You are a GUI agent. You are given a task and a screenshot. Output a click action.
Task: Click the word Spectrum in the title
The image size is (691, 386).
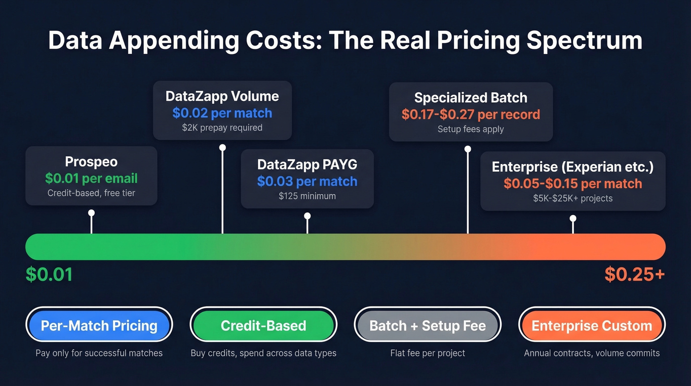tap(585, 41)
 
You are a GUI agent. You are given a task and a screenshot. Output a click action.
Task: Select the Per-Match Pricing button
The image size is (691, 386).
tap(99, 326)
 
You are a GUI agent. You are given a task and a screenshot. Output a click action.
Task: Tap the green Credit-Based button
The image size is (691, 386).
tap(263, 326)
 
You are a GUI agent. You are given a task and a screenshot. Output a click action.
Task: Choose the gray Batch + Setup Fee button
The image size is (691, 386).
tap(427, 326)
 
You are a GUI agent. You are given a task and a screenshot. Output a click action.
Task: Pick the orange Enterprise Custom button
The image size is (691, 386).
tap(592, 326)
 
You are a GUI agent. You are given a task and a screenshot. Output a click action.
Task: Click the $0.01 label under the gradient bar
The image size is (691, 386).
tap(49, 275)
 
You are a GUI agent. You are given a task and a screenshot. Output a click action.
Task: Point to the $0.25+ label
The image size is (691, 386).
tap(635, 275)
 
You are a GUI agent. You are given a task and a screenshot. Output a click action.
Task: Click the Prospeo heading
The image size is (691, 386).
tap(91, 162)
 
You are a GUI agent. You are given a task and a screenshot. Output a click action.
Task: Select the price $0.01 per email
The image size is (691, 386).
tap(91, 178)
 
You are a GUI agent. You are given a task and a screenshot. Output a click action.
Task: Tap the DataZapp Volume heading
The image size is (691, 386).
tap(222, 96)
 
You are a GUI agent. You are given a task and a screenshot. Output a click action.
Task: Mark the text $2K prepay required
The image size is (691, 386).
tap(222, 128)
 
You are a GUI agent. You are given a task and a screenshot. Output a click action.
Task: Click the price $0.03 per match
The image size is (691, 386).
tap(307, 181)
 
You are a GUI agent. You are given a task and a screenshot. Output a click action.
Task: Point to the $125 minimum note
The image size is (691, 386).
tap(307, 196)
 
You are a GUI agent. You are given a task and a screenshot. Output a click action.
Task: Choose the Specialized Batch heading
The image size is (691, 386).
tap(470, 97)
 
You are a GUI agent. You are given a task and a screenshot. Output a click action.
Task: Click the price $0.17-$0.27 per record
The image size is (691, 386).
tap(470, 115)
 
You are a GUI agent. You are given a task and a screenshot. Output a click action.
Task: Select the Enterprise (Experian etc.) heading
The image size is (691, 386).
tap(573, 167)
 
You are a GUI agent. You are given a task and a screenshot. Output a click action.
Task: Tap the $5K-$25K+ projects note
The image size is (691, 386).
tap(573, 198)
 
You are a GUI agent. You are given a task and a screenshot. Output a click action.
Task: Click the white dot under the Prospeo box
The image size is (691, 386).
tap(91, 213)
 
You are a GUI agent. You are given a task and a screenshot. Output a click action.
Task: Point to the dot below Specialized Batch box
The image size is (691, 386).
tap(468, 149)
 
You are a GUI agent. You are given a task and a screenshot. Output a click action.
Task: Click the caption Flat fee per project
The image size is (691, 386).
tap(427, 353)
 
